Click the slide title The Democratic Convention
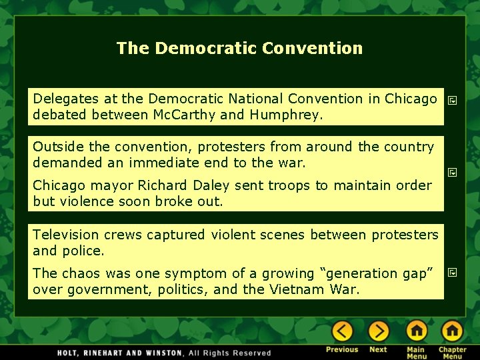point(239,48)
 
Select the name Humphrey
point(285,115)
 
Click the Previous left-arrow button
point(342,331)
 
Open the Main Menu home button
point(417,331)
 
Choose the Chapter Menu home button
point(452,331)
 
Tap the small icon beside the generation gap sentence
point(452,273)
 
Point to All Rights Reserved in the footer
point(229,353)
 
